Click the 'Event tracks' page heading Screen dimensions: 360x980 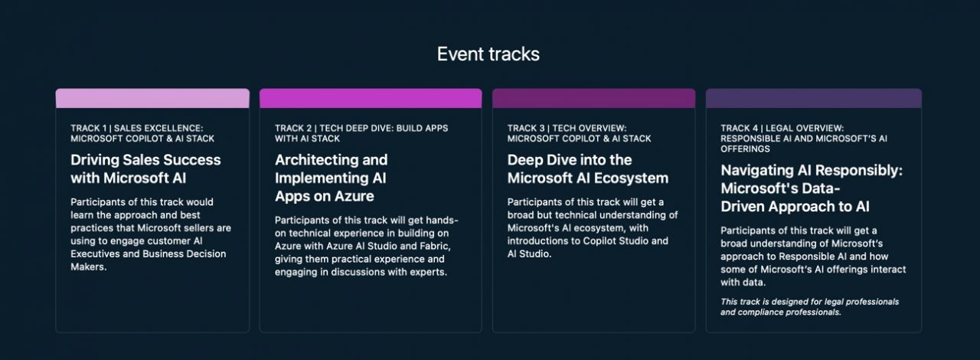tap(488, 54)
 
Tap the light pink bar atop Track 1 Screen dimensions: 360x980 tap(152, 98)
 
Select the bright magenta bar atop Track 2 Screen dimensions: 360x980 tap(371, 98)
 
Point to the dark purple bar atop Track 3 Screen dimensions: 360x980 tap(593, 98)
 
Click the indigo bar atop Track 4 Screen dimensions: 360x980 tap(813, 98)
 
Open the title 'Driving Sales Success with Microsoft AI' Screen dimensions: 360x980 tap(145, 169)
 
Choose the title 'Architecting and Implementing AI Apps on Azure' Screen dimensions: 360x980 tap(331, 178)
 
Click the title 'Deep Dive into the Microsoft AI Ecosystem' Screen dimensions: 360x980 tap(587, 169)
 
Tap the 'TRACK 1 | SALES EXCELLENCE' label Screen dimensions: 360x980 tap(142, 128)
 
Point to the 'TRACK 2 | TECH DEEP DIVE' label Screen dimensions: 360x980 tap(361, 128)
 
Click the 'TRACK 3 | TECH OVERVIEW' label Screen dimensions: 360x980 tap(567, 128)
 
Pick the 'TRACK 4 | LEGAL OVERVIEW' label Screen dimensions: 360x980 tap(782, 128)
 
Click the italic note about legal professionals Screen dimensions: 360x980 tap(809, 306)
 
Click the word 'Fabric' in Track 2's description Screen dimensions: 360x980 tap(436, 246)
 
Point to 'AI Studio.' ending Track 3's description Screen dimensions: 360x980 tap(530, 254)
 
